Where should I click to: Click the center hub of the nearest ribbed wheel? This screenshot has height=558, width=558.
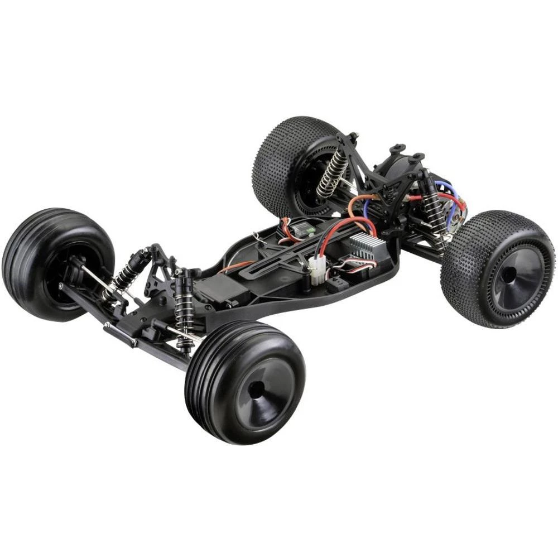click(x=257, y=389)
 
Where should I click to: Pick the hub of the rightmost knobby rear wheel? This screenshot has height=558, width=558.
click(x=509, y=275)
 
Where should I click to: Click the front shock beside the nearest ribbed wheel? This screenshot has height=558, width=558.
click(x=184, y=310)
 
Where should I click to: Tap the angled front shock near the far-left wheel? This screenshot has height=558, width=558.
click(x=127, y=272)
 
